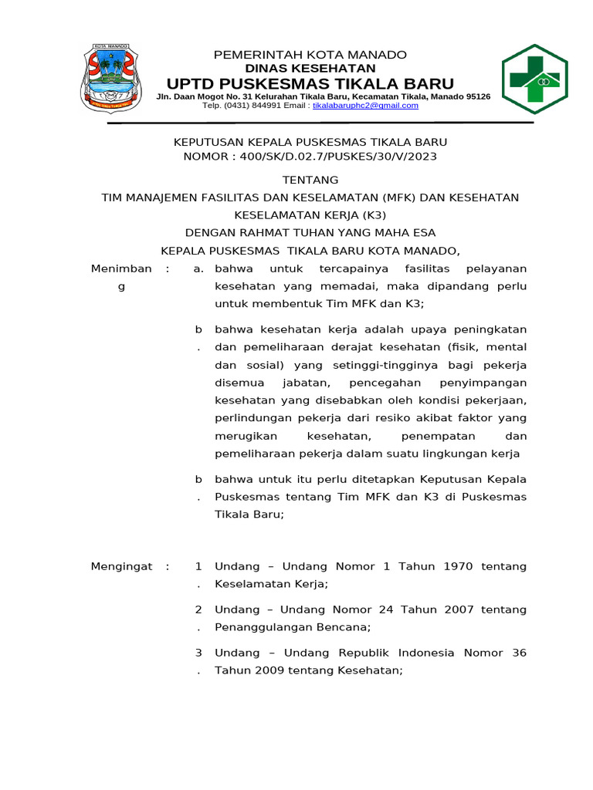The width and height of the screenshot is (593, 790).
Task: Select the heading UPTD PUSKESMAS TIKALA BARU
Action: (310, 84)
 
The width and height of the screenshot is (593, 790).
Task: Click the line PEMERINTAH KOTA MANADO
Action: (310, 55)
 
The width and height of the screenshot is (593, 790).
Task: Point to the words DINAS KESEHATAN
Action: (310, 69)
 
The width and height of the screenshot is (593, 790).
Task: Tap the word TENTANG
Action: (310, 180)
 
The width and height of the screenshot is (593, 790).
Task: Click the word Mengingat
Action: (121, 566)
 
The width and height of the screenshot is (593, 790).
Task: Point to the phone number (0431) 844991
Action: (252, 106)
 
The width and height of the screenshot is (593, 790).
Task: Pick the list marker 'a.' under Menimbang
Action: (198, 268)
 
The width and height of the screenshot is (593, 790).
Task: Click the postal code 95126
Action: (473, 96)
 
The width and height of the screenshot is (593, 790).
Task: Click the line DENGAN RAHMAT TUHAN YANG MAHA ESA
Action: (310, 233)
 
